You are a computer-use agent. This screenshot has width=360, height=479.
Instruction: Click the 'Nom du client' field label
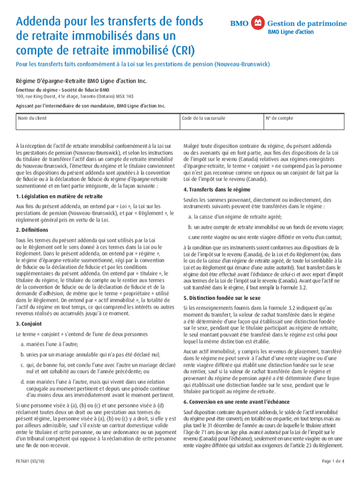coord(32,118)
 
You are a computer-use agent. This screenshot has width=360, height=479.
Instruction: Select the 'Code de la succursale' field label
coord(204,118)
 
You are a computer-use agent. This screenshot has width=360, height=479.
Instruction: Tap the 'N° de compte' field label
coord(280,118)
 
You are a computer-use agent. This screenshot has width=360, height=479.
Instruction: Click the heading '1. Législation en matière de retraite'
coord(59,196)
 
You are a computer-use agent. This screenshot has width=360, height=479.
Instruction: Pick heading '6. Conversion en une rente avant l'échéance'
coord(237,402)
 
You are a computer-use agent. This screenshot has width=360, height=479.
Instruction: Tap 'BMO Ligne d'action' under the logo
coord(290,32)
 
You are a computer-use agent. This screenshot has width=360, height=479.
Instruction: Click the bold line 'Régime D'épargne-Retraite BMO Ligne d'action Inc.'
coord(81,81)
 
